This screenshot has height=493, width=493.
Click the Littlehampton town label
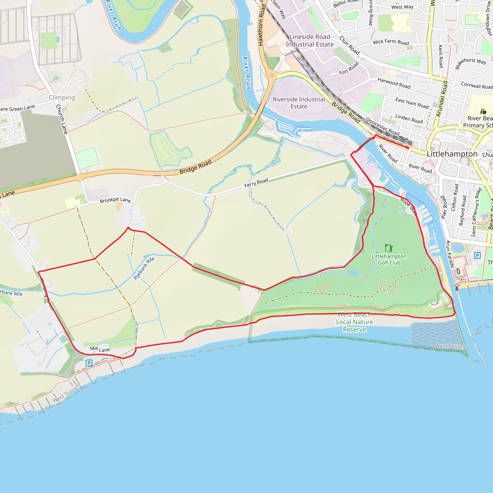click(x=452, y=154)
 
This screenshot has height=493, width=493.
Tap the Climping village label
click(x=62, y=97)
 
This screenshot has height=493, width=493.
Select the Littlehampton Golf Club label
click(x=389, y=259)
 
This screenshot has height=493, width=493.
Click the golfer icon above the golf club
click(x=389, y=248)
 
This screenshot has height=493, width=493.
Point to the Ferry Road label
click(x=256, y=183)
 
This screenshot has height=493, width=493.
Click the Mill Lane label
click(x=100, y=349)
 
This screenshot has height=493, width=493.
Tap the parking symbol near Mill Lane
click(x=89, y=363)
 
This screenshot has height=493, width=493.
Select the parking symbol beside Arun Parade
click(x=477, y=255)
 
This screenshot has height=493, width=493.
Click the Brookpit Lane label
click(x=115, y=200)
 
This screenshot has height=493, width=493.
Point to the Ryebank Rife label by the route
click(x=144, y=268)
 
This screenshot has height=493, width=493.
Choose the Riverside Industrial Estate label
click(x=299, y=103)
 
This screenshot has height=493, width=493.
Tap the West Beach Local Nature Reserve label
click(x=354, y=322)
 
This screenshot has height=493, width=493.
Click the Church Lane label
click(x=62, y=119)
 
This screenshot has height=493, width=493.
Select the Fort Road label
click(x=349, y=68)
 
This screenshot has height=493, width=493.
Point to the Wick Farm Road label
click(x=391, y=42)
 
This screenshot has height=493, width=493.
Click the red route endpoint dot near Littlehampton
click(x=408, y=148)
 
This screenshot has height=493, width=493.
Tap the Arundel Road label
click(x=442, y=99)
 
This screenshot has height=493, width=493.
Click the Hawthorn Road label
click(x=262, y=25)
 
